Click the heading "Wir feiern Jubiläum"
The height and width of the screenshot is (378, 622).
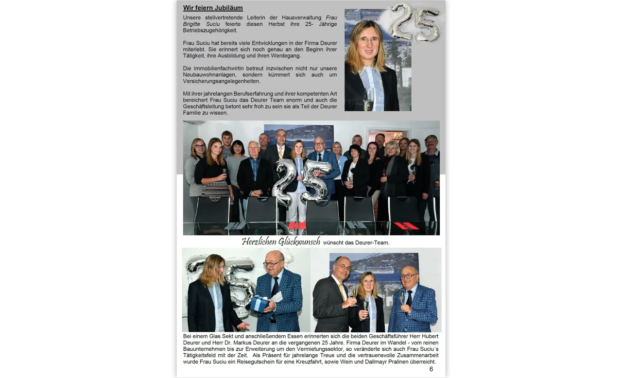213,8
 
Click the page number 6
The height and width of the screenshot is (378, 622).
431,369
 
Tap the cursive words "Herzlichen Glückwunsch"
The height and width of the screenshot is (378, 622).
281,241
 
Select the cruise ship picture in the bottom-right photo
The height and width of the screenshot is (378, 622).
374,265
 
